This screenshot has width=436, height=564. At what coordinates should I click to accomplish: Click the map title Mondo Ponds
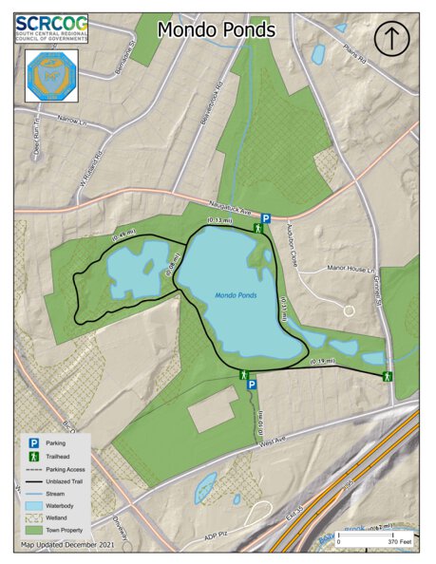(217, 30)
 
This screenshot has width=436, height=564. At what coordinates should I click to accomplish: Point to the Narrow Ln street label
(71, 121)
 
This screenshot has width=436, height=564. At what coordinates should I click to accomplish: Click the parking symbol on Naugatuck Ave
(267, 218)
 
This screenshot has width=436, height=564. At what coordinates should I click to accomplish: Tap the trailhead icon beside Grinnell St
(388, 376)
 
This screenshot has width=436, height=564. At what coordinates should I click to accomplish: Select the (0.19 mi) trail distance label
(323, 363)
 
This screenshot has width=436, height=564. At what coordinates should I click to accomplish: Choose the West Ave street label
(272, 442)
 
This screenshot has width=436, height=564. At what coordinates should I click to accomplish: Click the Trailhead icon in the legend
(33, 455)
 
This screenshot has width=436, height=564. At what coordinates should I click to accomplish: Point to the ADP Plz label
(217, 537)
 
